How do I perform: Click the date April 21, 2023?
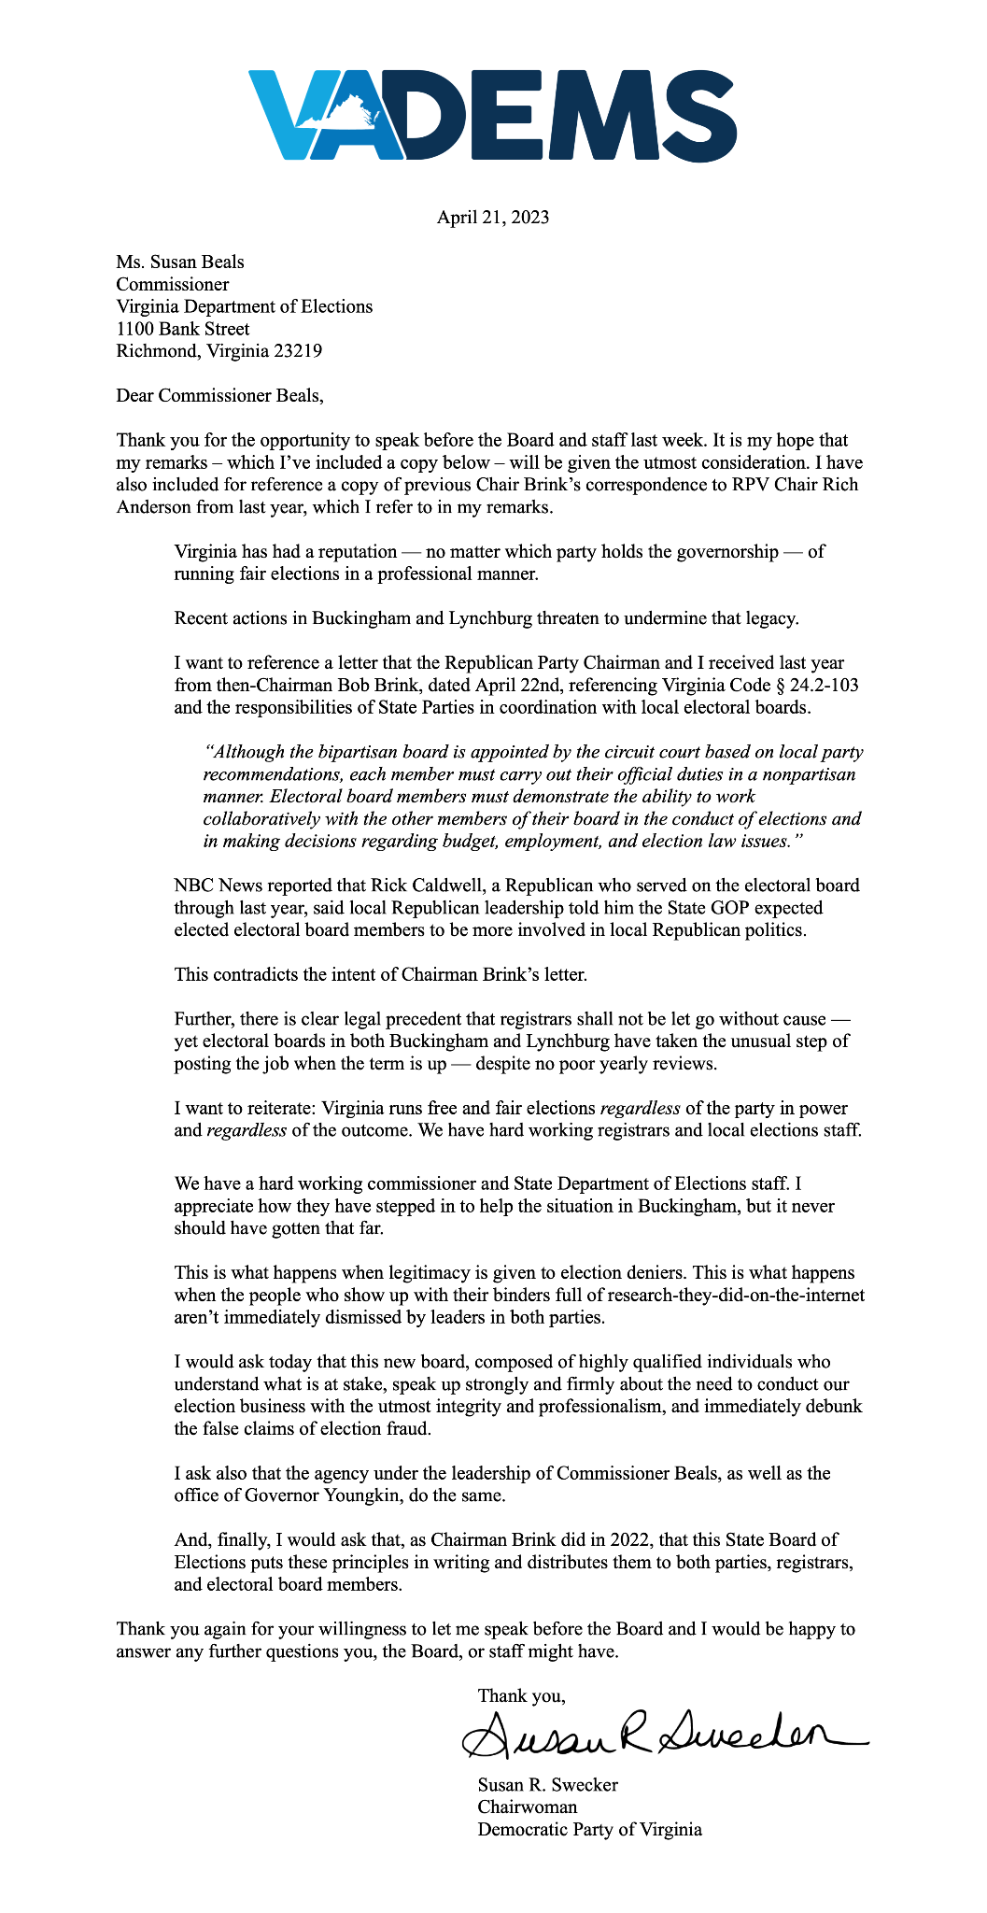coord(493,218)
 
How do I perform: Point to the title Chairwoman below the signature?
coord(527,1807)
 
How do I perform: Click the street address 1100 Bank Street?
coord(183,329)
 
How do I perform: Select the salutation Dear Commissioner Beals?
coord(219,395)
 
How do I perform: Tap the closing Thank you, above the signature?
coord(521,1695)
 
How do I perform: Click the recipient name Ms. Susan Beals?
coord(180,262)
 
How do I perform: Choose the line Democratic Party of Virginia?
coord(589,1829)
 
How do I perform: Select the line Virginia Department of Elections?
coord(244,306)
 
